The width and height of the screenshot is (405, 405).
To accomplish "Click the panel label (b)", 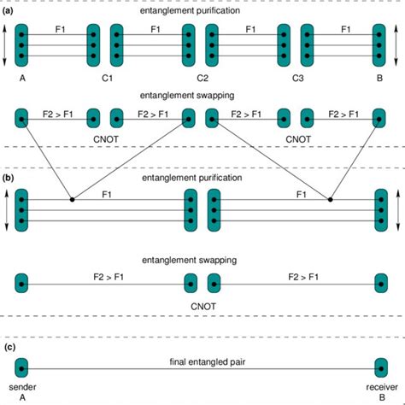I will pyautogui.click(x=9, y=179).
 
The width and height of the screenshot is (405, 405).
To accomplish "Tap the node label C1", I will pyautogui.click(x=106, y=79).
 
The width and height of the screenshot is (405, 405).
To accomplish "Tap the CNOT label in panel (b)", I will pyautogui.click(x=201, y=301).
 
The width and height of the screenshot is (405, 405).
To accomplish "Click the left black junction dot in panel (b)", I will pyautogui.click(x=72, y=200).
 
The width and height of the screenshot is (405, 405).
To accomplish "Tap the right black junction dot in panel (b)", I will pyautogui.click(x=330, y=200).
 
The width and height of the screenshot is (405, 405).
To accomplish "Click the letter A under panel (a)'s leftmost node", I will pyautogui.click(x=21, y=79).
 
